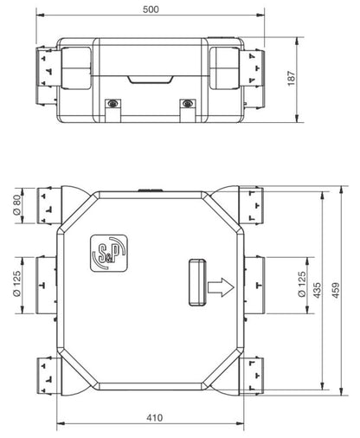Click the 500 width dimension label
(151, 10)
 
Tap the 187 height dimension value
(292, 78)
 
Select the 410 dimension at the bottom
(154, 417)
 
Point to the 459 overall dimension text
(336, 290)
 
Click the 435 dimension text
(317, 290)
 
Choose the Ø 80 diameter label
(17, 205)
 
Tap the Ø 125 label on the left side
(17, 284)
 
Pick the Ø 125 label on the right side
(301, 284)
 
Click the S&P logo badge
(109, 253)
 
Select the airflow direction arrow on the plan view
(221, 287)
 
